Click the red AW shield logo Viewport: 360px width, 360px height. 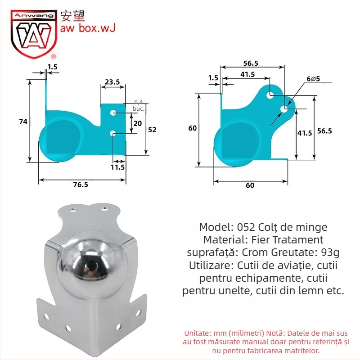pyautogui.click(x=34, y=34)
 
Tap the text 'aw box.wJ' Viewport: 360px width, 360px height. pyautogui.click(x=88, y=28)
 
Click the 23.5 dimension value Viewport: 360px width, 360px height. pyautogui.click(x=112, y=82)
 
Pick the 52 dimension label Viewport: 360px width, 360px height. pyautogui.click(x=152, y=129)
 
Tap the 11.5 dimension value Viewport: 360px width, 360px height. pyautogui.click(x=118, y=167)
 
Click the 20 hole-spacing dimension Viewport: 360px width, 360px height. pyautogui.click(x=138, y=123)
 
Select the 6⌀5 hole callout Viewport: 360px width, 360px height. pyautogui.click(x=313, y=79)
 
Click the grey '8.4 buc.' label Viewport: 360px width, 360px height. pyautogui.click(x=139, y=105)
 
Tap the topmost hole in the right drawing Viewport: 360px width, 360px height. pyautogui.click(x=270, y=95)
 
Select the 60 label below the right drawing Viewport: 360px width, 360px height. pyautogui.click(x=250, y=185)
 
